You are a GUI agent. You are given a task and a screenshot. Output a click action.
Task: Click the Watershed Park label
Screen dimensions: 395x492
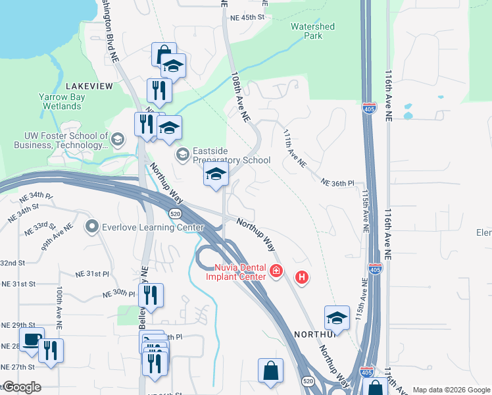pyautogui.click(x=312, y=31)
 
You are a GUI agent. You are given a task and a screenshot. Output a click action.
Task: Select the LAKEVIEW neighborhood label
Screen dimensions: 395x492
pyautogui.click(x=89, y=86)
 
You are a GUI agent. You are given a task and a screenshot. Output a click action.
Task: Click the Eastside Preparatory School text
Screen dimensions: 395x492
pyautogui.click(x=231, y=155)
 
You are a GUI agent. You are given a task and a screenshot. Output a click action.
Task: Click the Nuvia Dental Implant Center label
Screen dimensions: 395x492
pyautogui.click(x=240, y=272)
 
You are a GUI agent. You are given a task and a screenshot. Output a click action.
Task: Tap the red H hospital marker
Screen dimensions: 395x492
pyautogui.click(x=302, y=278)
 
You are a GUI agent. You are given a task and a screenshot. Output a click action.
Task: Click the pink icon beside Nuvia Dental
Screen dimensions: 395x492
pyautogui.click(x=277, y=271)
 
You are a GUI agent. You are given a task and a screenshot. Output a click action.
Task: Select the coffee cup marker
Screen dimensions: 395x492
pyautogui.click(x=32, y=340)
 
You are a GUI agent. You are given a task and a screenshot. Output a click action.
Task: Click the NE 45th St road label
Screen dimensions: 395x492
pyautogui.click(x=247, y=18)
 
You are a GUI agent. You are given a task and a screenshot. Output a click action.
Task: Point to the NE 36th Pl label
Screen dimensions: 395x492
pyautogui.click(x=337, y=182)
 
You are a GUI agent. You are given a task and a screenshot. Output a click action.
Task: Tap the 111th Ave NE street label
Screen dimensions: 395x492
pyautogui.click(x=293, y=147)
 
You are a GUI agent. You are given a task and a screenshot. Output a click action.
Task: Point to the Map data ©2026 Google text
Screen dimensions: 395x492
pyautogui.click(x=451, y=390)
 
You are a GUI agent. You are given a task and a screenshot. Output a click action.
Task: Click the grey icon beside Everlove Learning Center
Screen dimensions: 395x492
pyautogui.click(x=91, y=228)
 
